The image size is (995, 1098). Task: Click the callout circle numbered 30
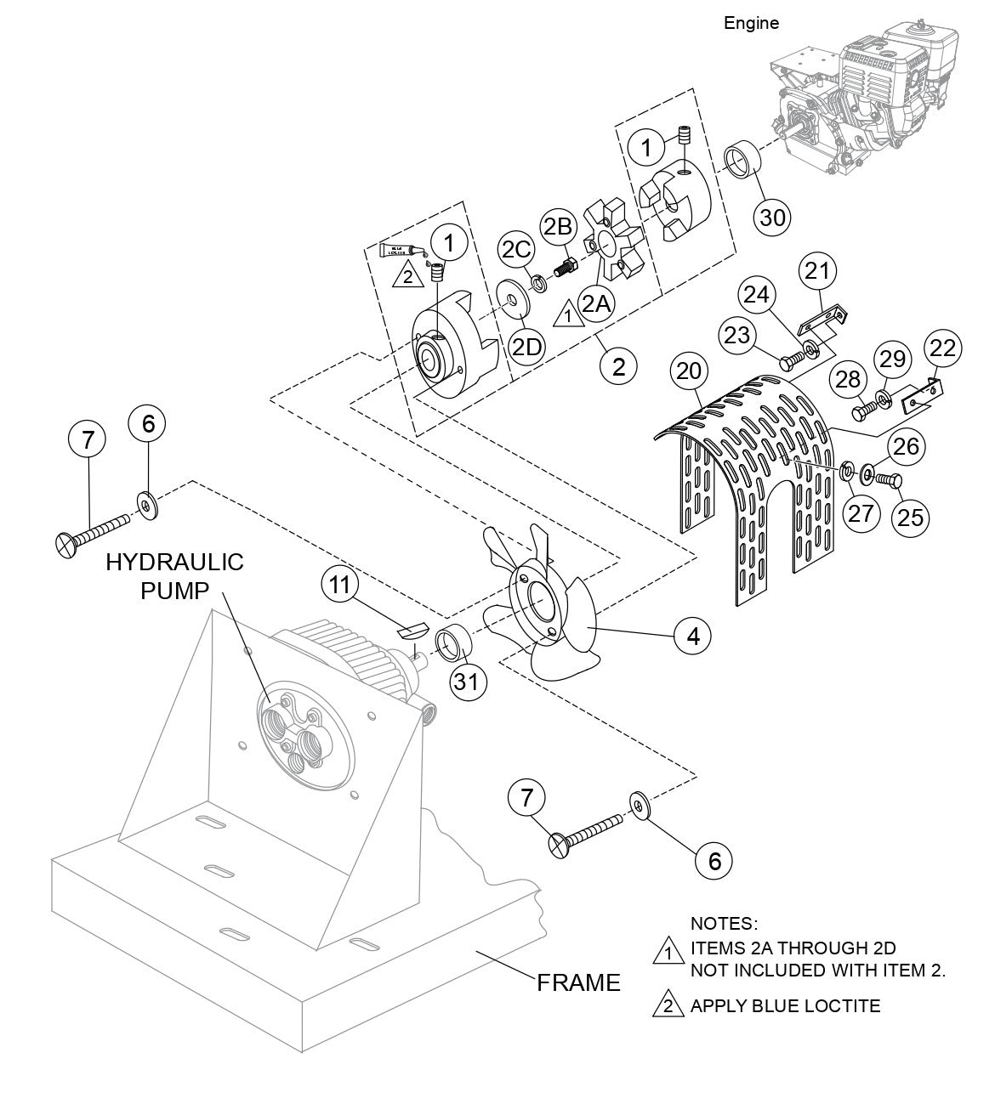point(772,217)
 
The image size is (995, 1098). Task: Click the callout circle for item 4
point(693,634)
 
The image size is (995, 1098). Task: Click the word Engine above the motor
point(751,23)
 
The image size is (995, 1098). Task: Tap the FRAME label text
point(578,982)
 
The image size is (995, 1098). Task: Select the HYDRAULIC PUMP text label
point(174,574)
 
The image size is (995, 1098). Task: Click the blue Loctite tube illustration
point(400,250)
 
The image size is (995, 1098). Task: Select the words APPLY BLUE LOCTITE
point(785,1006)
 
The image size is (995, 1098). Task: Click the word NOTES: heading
point(724,923)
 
